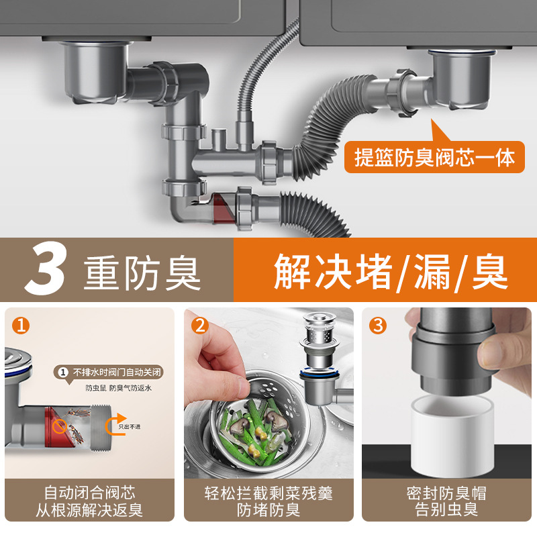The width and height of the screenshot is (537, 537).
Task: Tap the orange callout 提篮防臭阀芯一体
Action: click(x=435, y=158)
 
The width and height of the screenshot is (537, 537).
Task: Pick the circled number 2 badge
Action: click(x=200, y=326)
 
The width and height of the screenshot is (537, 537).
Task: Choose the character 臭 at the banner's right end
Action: click(x=489, y=271)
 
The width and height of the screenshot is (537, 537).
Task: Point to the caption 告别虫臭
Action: click(x=446, y=511)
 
